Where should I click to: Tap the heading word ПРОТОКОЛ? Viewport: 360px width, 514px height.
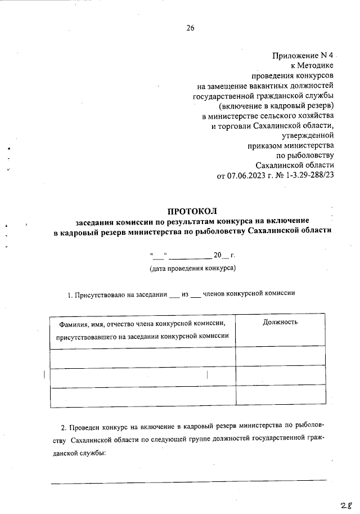coord(192,211)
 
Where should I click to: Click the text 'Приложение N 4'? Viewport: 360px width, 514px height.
coord(303,56)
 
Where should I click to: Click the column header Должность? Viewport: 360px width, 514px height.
coord(280,322)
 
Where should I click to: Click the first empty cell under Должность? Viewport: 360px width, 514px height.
coord(280,356)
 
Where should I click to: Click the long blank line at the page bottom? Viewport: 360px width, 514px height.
coord(188,480)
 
